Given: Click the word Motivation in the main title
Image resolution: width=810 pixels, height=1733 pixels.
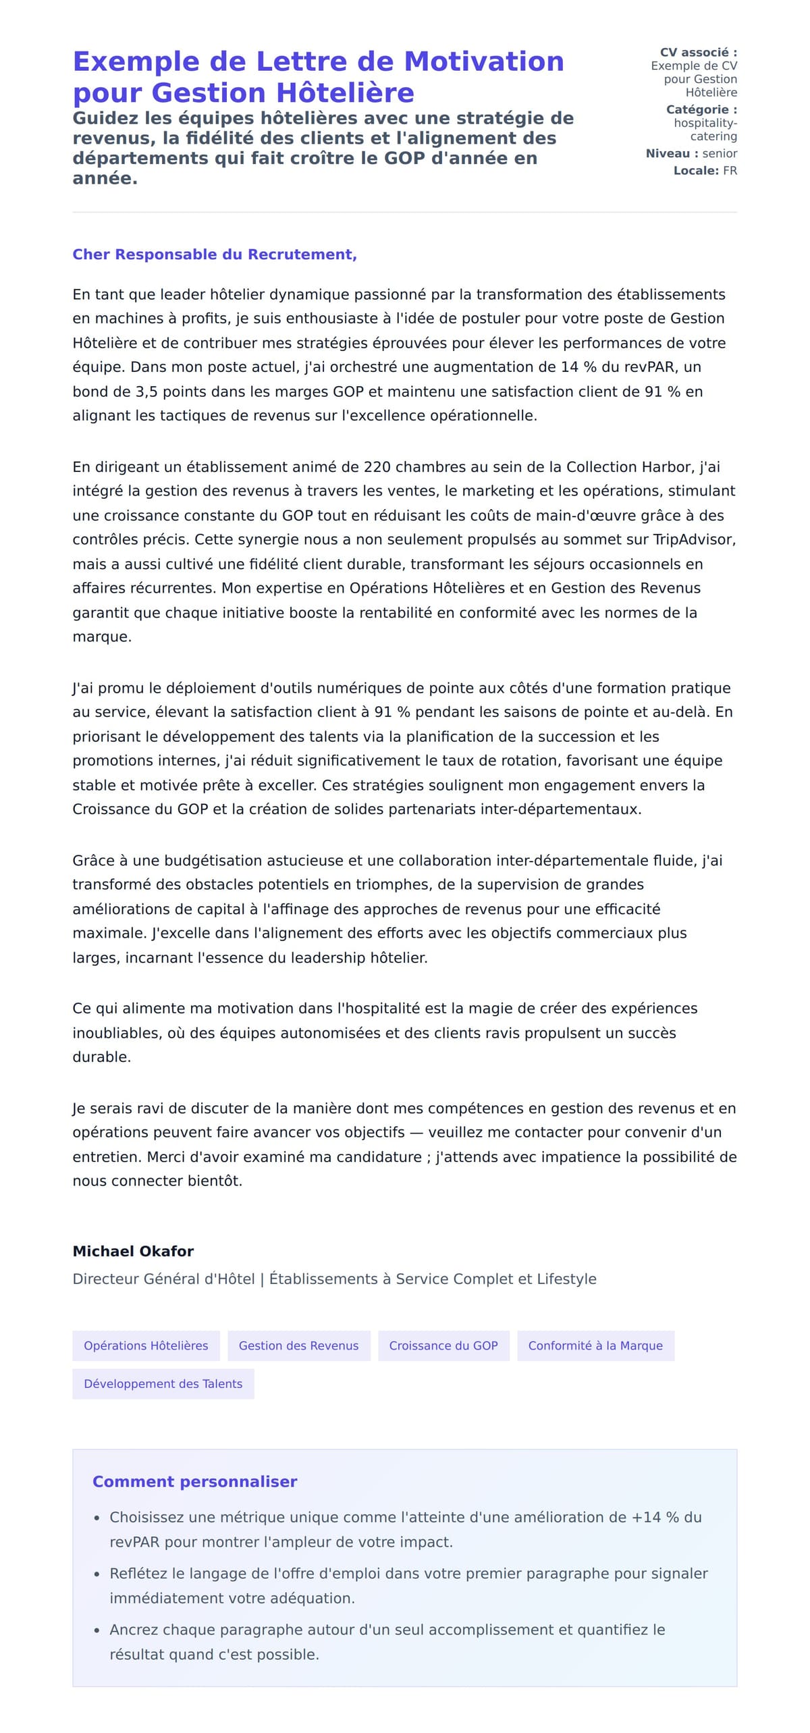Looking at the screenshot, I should (483, 61).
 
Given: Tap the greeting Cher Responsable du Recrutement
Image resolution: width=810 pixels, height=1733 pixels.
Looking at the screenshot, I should (215, 255).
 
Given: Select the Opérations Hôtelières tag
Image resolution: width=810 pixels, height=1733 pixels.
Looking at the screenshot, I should (146, 1345).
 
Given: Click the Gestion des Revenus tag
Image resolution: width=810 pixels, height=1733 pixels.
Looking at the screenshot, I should (298, 1345).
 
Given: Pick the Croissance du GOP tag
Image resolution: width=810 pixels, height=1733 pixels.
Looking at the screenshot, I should (443, 1345).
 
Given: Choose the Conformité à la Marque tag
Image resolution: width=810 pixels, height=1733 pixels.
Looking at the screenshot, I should (595, 1345).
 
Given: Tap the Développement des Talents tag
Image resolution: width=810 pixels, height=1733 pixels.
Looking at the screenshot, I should (163, 1384).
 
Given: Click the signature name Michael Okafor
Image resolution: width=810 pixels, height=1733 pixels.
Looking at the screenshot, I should (133, 1251).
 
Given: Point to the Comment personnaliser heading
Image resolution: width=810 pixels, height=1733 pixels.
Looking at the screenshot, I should (194, 1482).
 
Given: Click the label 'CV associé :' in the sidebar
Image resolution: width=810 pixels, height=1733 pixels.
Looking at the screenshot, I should (698, 53).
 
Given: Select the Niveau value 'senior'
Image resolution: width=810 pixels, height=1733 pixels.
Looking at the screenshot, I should (720, 154).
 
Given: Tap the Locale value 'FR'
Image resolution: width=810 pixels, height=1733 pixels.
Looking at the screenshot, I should (730, 171).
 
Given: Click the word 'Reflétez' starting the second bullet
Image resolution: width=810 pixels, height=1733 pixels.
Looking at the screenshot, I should (138, 1573).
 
